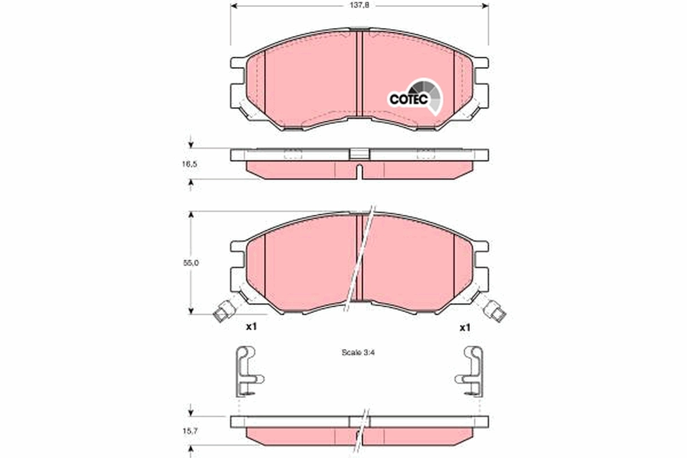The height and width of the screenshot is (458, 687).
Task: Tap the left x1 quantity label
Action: point(250,327)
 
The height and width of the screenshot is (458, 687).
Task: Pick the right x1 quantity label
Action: point(465,327)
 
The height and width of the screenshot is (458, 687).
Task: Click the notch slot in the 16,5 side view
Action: point(359,171)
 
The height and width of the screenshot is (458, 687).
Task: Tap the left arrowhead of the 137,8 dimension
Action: point(234,6)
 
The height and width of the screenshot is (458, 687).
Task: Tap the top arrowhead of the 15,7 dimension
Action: point(191,412)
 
